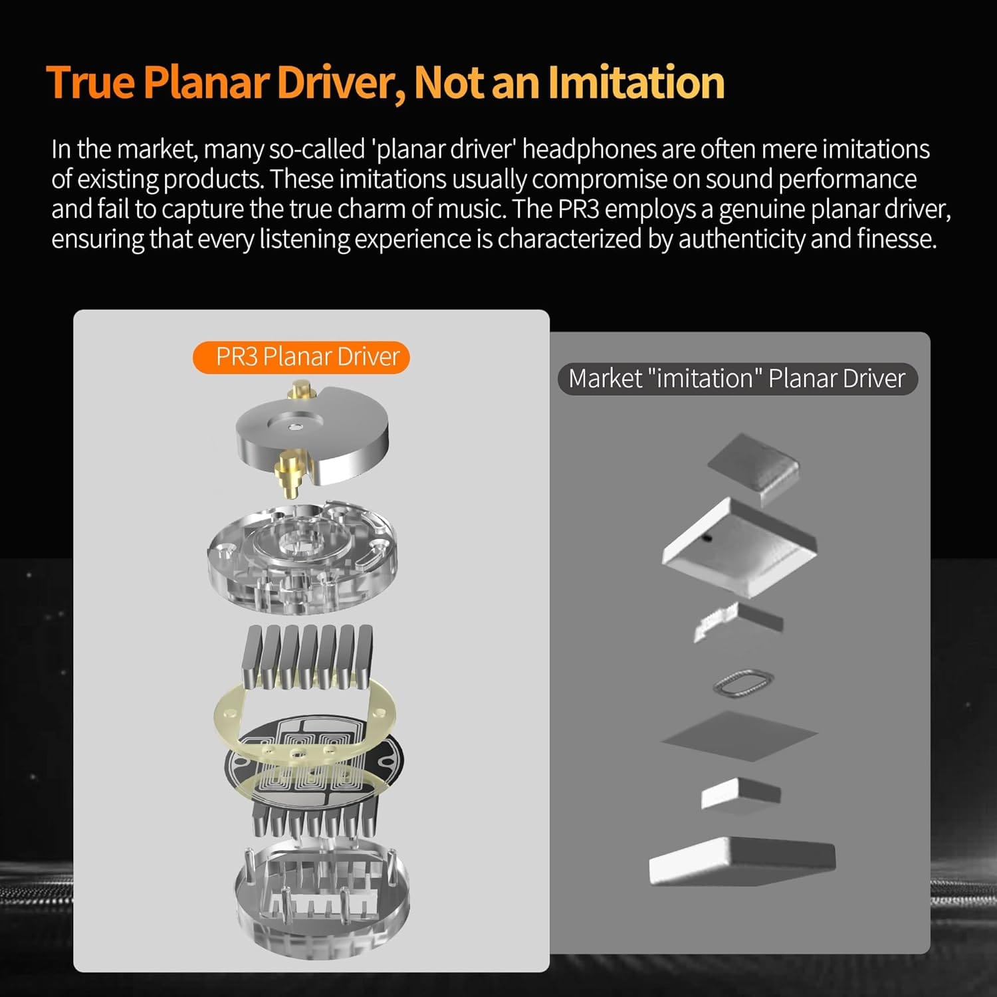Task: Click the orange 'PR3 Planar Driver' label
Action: (x=301, y=357)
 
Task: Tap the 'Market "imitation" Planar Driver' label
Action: (x=737, y=378)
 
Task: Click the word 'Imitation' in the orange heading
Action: (x=636, y=82)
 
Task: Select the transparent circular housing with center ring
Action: (x=302, y=557)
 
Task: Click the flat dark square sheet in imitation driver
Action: (x=740, y=736)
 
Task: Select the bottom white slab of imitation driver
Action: (x=742, y=861)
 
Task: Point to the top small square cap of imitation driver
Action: (x=754, y=467)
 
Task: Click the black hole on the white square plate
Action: (x=707, y=537)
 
